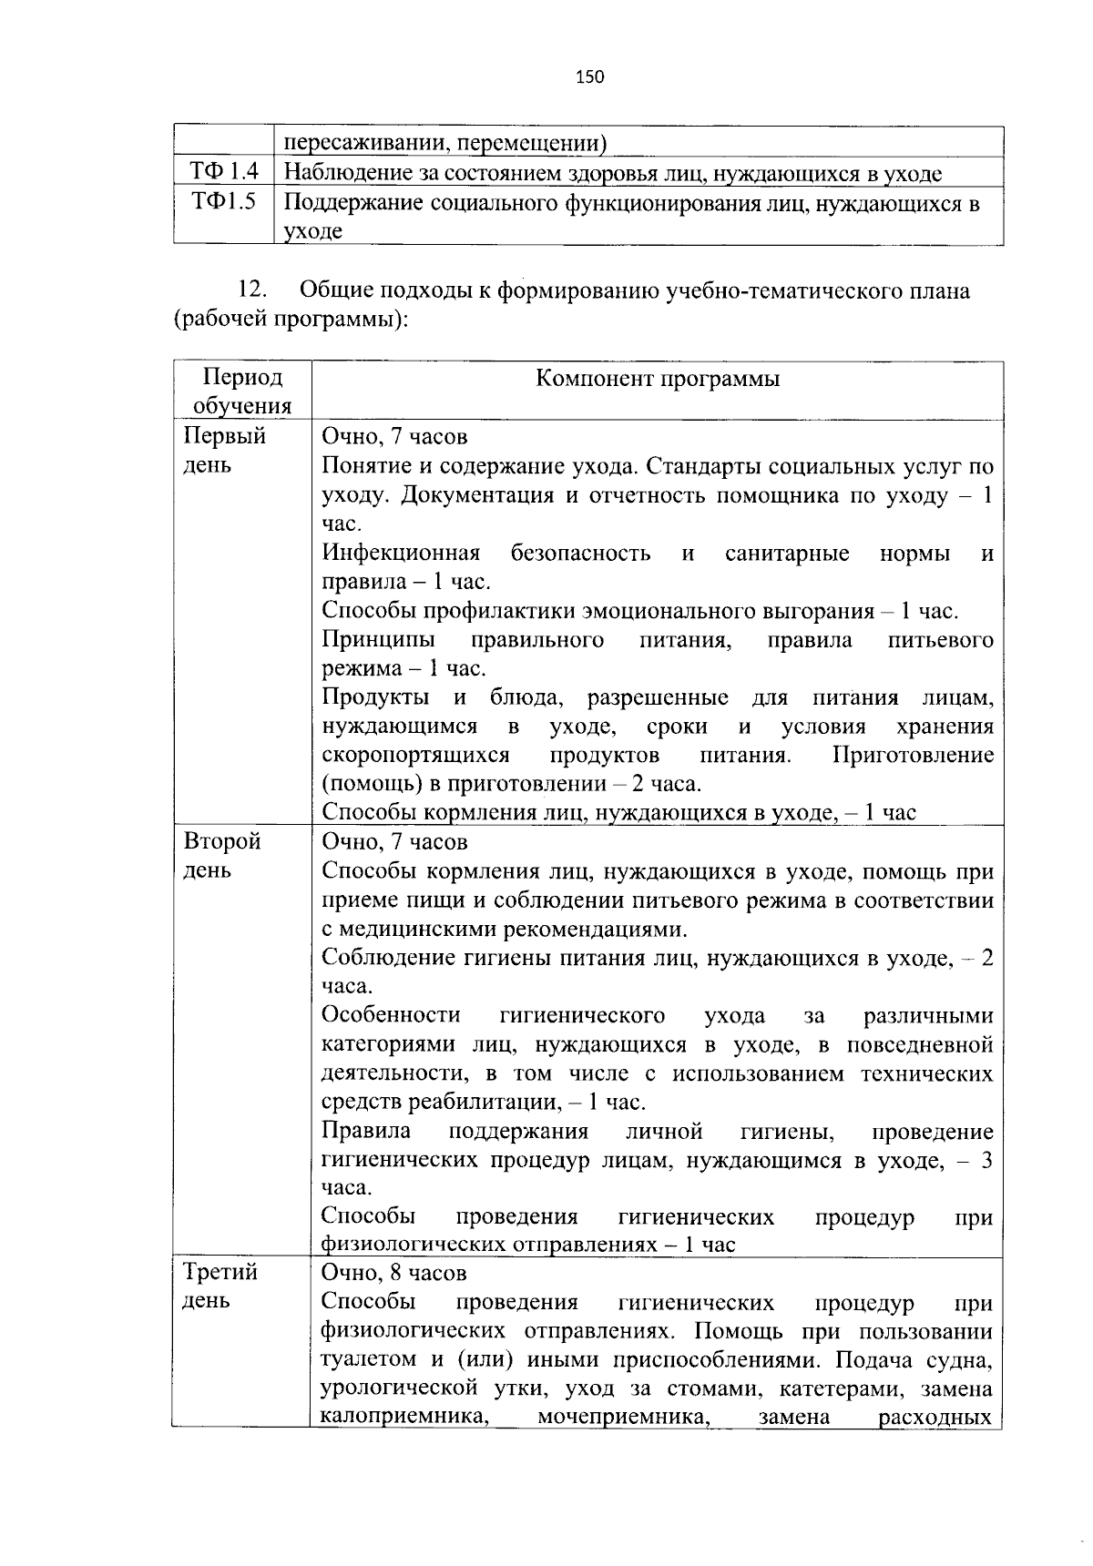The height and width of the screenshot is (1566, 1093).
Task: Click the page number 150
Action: [589, 77]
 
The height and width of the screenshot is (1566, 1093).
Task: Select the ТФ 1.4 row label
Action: [224, 172]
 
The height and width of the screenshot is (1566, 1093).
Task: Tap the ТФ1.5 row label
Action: [224, 201]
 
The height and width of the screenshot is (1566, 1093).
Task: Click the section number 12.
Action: [251, 291]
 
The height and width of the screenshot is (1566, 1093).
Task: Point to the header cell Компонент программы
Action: [657, 379]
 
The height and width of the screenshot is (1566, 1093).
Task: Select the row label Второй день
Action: [222, 855]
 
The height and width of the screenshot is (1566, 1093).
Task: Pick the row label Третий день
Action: [220, 1286]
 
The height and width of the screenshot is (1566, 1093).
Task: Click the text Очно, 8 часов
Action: [394, 1272]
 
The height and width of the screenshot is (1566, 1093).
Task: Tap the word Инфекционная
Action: [401, 554]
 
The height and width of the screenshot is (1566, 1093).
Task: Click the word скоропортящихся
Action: [415, 756]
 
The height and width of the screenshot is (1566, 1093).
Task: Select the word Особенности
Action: [391, 1015]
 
